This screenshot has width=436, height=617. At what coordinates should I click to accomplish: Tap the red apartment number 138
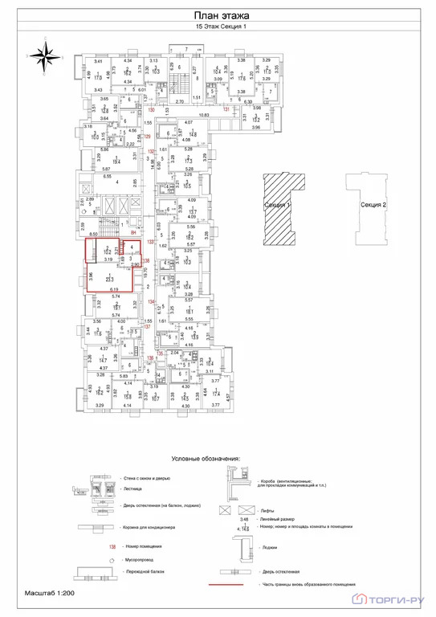[x=147, y=260]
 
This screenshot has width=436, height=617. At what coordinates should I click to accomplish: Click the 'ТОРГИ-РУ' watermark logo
[x=393, y=598]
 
